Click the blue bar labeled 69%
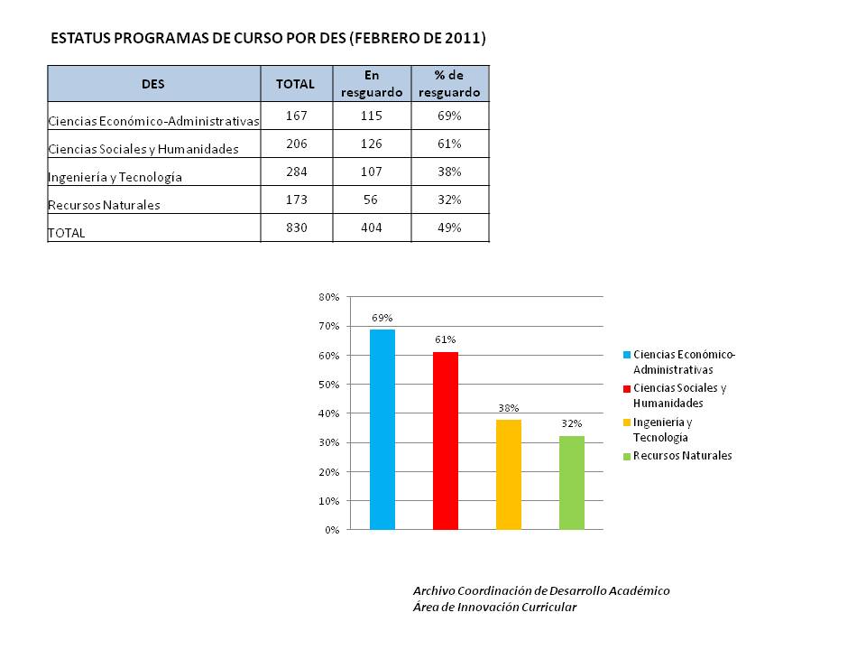pyautogui.click(x=382, y=430)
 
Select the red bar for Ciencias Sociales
pyautogui.click(x=445, y=441)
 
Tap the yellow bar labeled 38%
pyautogui.click(x=508, y=474)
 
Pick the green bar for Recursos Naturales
pyautogui.click(x=572, y=482)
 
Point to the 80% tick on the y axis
pyautogui.click(x=329, y=297)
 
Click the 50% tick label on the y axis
pyautogui.click(x=329, y=385)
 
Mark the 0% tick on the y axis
pyautogui.click(x=332, y=530)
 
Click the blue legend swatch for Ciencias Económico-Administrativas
pyautogui.click(x=627, y=355)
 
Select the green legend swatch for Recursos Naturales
pyautogui.click(x=627, y=457)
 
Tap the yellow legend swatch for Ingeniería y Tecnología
pyautogui.click(x=627, y=422)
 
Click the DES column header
pyautogui.click(x=153, y=84)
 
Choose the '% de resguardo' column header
pyautogui.click(x=449, y=84)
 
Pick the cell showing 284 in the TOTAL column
pyautogui.click(x=297, y=172)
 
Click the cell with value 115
pyautogui.click(x=371, y=116)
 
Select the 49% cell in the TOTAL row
pyautogui.click(x=449, y=227)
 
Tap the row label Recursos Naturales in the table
pyautogui.click(x=104, y=205)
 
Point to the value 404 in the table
pyautogui.click(x=371, y=227)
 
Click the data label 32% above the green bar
pyautogui.click(x=572, y=423)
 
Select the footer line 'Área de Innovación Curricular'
pyautogui.click(x=495, y=608)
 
